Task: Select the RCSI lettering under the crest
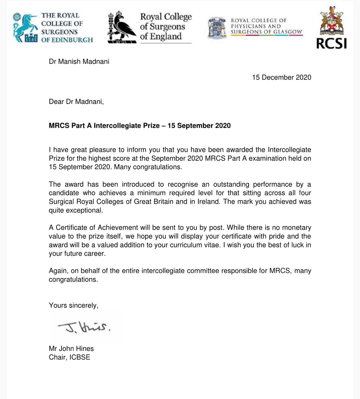[x=331, y=43]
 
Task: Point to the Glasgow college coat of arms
[x=217, y=28]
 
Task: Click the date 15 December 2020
[x=281, y=78]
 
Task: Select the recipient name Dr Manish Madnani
[x=79, y=62]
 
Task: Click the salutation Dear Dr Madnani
[x=76, y=102]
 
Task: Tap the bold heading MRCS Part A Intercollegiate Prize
[x=140, y=126]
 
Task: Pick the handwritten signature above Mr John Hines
[x=84, y=327]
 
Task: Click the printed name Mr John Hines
[x=71, y=348]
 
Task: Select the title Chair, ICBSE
[x=69, y=357]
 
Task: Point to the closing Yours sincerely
[x=73, y=305]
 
